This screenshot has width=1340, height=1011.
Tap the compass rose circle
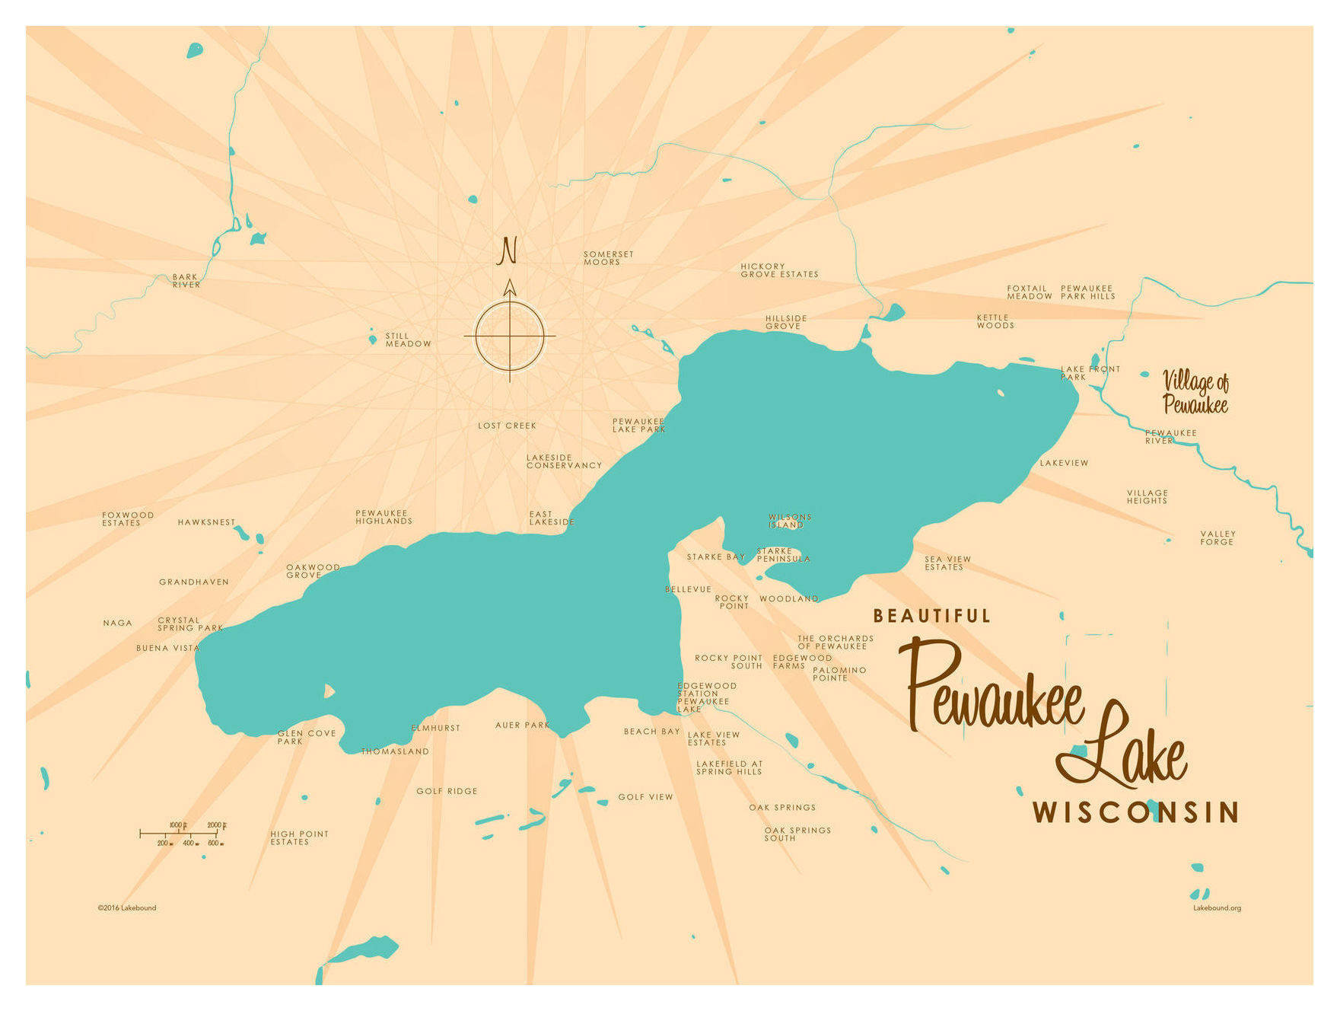pos(510,336)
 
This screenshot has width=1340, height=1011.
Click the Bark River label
pos(186,281)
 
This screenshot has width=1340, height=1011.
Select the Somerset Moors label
pos(608,258)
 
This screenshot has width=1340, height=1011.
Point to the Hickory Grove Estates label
pos(778,270)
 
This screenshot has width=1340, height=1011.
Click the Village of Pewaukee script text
pos(1195,392)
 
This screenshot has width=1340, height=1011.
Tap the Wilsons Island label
pos(789,521)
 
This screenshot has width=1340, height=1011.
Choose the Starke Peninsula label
pos(783,555)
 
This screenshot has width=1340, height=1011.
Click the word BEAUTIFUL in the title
pos(931,616)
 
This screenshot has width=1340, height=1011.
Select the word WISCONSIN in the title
pos(1135,812)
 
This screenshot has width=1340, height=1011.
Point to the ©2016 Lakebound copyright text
pos(126,907)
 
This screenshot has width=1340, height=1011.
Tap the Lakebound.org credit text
pos(1216,907)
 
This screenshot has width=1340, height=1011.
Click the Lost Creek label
pos(507,426)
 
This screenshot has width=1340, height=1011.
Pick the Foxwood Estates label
pos(128,519)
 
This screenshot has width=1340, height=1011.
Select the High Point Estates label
pos(299,837)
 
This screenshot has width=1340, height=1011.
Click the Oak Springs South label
pos(797,834)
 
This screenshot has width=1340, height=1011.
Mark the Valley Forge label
pos(1217,537)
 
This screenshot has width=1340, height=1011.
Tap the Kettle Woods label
pos(995,321)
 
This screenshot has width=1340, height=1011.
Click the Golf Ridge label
pos(447,792)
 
